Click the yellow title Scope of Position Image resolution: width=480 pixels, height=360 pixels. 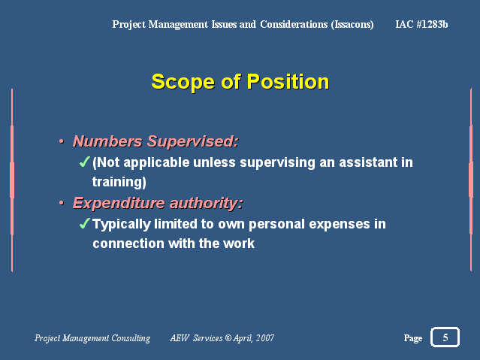click(240, 82)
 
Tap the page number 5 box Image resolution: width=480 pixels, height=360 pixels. click(445, 337)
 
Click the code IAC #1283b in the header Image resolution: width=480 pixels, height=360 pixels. click(421, 24)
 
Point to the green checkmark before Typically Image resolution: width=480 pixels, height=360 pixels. click(84, 223)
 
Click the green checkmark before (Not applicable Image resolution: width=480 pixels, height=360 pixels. click(84, 162)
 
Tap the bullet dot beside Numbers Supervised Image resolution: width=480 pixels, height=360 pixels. click(62, 141)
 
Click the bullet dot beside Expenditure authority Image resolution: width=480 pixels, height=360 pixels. click(62, 203)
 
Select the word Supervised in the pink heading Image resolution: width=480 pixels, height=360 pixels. click(192, 141)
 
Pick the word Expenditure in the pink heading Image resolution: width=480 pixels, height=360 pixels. click(119, 203)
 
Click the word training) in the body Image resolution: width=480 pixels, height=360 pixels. click(119, 182)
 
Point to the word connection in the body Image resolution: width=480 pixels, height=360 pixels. click(128, 244)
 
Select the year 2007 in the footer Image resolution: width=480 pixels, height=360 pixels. click(265, 337)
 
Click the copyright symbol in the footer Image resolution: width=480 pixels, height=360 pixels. click(228, 337)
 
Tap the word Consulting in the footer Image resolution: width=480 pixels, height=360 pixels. click(131, 338)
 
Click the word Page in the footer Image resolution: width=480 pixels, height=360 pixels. click(413, 338)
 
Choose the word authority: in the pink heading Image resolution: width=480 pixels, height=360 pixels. click(207, 203)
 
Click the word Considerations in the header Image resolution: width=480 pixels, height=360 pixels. click(294, 24)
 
